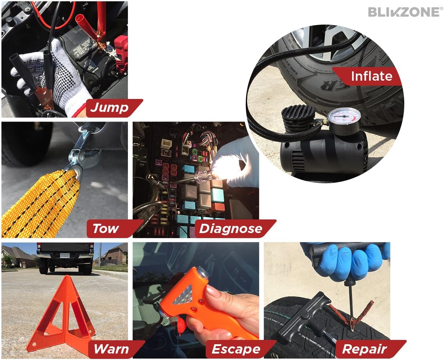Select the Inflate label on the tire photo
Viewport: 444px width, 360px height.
pos(371,76)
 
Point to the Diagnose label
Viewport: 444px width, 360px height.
pos(230,228)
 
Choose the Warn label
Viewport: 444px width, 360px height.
pos(111,349)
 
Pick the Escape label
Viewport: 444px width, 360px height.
pos(236,349)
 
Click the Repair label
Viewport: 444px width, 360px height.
pos(364,349)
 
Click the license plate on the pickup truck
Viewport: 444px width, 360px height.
pos(65,256)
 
